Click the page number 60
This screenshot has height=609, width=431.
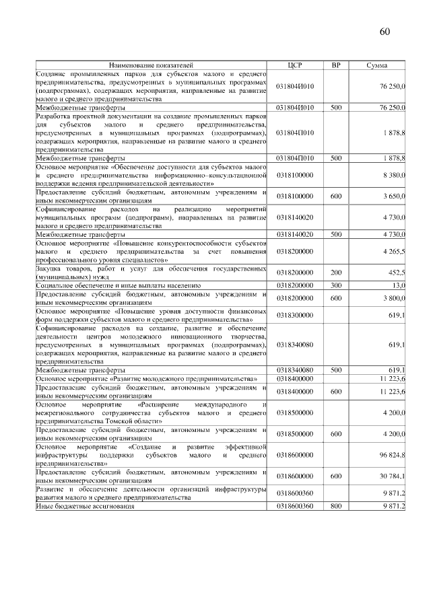[x=385, y=31]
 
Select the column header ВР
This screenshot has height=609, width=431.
[x=336, y=65]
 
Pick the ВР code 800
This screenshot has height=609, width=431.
[x=336, y=505]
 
